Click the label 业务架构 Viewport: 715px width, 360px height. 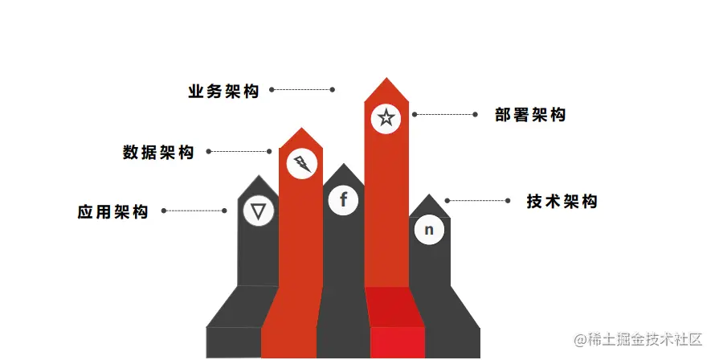(x=223, y=91)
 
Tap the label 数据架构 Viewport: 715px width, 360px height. (x=158, y=152)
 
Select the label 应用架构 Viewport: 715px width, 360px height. (x=113, y=212)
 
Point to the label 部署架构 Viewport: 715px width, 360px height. (x=530, y=115)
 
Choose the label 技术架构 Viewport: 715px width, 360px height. (x=562, y=201)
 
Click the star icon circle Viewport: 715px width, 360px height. (x=386, y=119)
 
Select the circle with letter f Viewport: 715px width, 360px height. (x=343, y=199)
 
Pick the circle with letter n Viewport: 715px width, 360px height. (x=429, y=230)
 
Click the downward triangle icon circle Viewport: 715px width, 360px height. (x=258, y=211)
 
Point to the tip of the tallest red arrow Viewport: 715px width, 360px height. (x=386, y=79)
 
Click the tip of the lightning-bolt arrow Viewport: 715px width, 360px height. (x=301, y=129)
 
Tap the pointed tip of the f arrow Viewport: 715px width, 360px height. (x=344, y=165)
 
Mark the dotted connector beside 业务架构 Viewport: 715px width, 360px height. (x=302, y=89)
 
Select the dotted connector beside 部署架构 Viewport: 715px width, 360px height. (x=445, y=115)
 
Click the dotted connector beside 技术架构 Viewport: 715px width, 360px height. (x=477, y=200)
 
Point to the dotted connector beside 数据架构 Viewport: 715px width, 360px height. (x=239, y=151)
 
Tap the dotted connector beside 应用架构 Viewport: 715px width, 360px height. (x=194, y=211)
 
